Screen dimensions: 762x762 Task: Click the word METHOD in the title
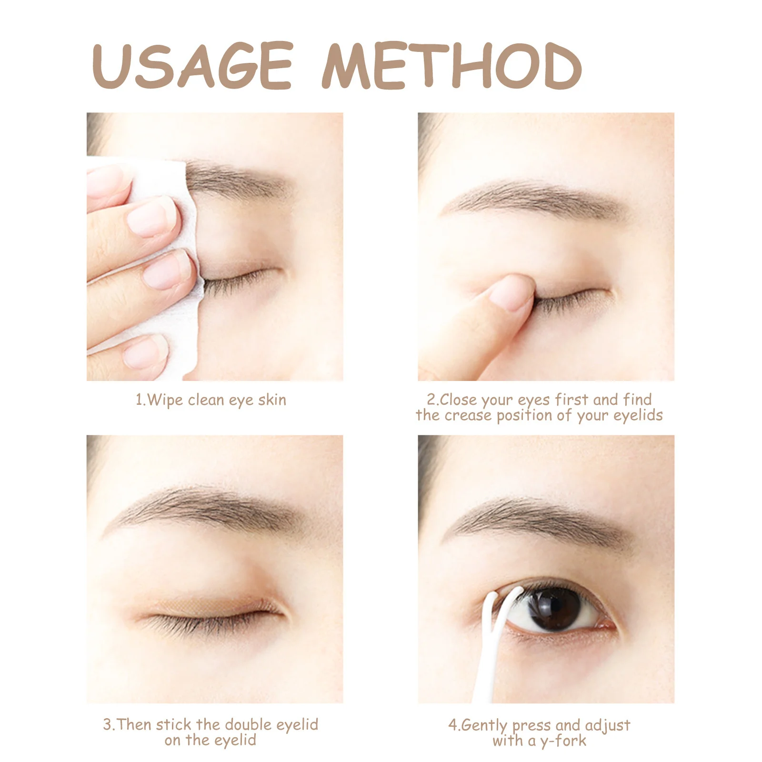click(x=451, y=66)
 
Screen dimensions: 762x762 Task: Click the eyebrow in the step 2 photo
click(x=533, y=198)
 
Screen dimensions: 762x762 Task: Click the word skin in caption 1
click(x=272, y=400)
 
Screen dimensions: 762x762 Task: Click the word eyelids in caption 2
click(x=638, y=416)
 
